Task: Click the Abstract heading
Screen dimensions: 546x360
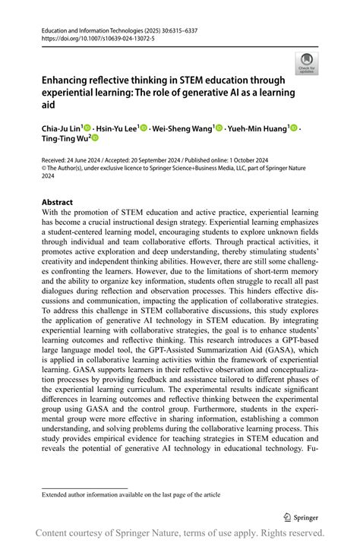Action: tap(57, 202)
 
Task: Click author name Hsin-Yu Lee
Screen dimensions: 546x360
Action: tap(118, 128)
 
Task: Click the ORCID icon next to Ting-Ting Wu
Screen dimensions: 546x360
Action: tap(95, 138)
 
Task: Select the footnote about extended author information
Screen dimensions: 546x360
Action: tap(131, 494)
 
